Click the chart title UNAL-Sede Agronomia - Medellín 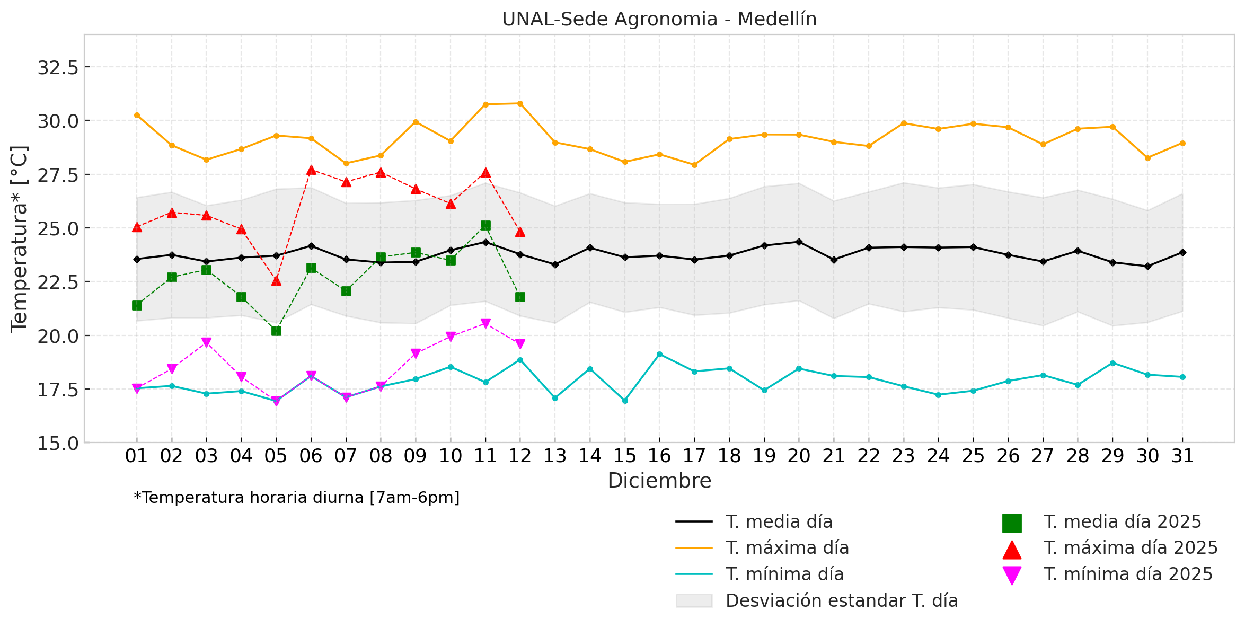pyautogui.click(x=659, y=20)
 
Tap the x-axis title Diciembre pyautogui.click(x=659, y=481)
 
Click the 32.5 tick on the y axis pyautogui.click(x=58, y=68)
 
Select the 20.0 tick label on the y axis pyautogui.click(x=58, y=336)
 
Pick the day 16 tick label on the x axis pyautogui.click(x=659, y=456)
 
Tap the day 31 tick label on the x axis pyautogui.click(x=1182, y=456)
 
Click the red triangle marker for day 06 pyautogui.click(x=311, y=170)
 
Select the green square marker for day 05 pyautogui.click(x=276, y=331)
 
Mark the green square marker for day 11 pyautogui.click(x=485, y=226)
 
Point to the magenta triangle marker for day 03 pyautogui.click(x=207, y=342)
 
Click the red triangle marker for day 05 pyautogui.click(x=276, y=280)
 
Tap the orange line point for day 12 pyautogui.click(x=520, y=103)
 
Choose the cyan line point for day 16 pyautogui.click(x=659, y=354)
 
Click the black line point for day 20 pyautogui.click(x=799, y=242)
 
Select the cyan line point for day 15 pyautogui.click(x=625, y=401)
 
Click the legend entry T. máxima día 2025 pyautogui.click(x=1131, y=548)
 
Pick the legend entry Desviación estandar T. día pyautogui.click(x=841, y=600)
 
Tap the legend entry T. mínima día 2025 pyautogui.click(x=1128, y=574)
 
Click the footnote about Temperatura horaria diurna pyautogui.click(x=297, y=498)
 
